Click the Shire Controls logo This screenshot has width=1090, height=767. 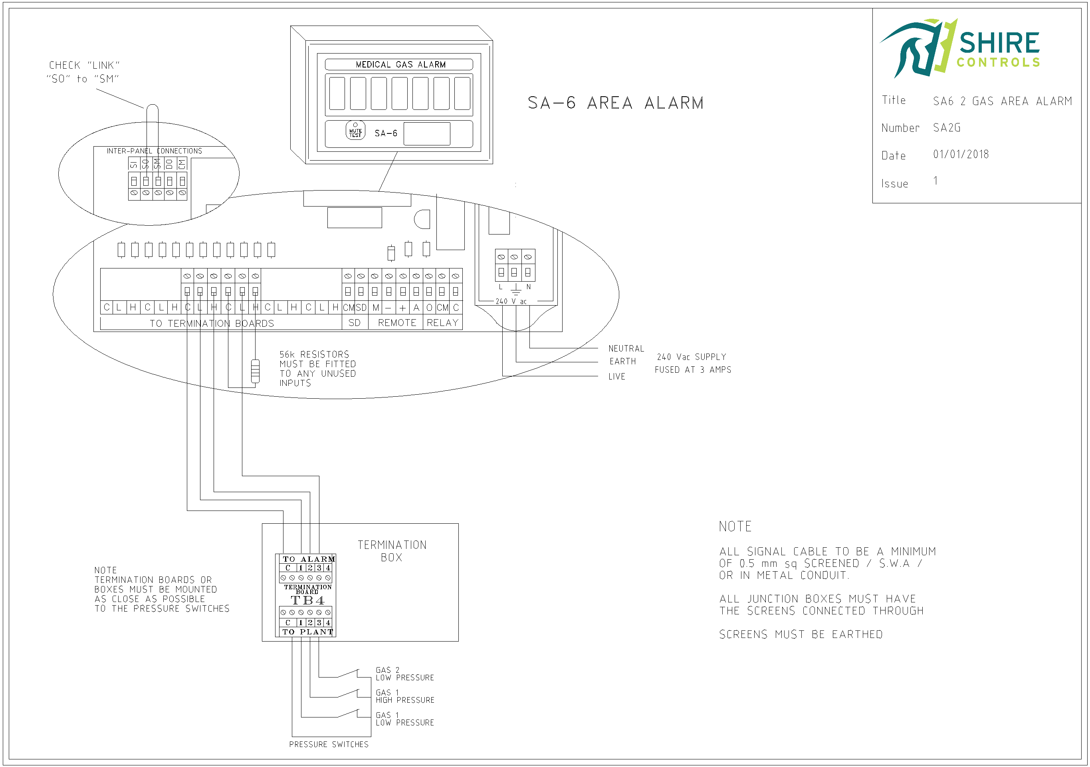click(x=959, y=48)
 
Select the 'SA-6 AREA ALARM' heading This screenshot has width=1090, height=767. click(x=615, y=103)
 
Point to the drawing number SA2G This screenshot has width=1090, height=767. click(x=946, y=128)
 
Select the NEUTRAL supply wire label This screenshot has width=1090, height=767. click(x=626, y=349)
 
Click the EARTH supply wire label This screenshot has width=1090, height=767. click(x=622, y=362)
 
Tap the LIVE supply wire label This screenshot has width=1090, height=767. click(x=617, y=377)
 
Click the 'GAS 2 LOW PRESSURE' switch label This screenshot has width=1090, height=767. click(x=404, y=674)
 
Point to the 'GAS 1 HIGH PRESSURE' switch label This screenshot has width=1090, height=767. click(x=404, y=696)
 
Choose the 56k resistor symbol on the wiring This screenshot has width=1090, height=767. click(x=255, y=371)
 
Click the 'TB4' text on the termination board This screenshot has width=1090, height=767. click(x=307, y=600)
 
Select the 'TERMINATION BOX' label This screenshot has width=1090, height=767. click(x=392, y=551)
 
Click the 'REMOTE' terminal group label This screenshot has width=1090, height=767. click(x=397, y=323)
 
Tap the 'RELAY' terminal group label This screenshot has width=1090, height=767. click(x=442, y=323)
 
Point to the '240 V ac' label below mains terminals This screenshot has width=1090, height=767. click(x=511, y=302)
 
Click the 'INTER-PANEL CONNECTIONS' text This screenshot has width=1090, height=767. click(x=154, y=151)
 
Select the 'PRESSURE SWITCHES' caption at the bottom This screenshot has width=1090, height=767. click(x=329, y=744)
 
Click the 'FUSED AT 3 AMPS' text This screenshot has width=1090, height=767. click(x=693, y=370)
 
